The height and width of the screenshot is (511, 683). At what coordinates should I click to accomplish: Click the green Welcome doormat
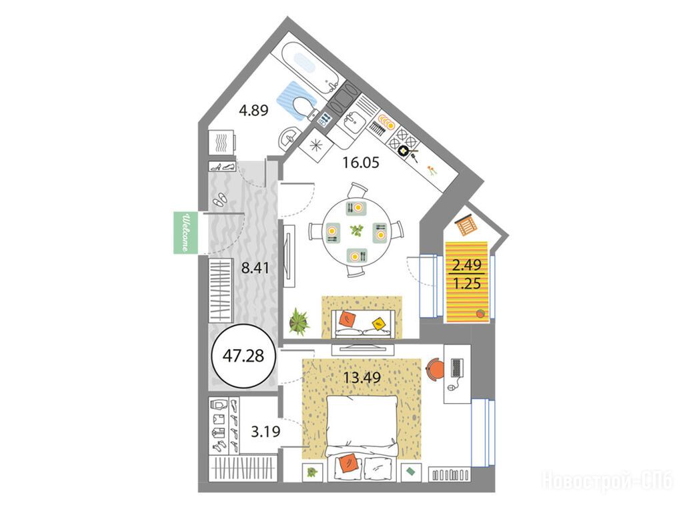185,232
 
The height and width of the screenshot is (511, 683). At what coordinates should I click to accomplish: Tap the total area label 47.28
243,356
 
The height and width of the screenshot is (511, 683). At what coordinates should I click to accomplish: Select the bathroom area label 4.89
253,110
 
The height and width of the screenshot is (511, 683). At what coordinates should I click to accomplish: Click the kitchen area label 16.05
361,163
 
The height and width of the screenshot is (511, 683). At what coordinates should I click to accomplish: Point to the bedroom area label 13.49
362,377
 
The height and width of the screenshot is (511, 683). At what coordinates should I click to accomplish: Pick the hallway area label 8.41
255,267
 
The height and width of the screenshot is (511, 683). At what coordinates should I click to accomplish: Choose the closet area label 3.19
265,432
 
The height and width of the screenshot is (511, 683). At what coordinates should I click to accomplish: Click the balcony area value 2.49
467,264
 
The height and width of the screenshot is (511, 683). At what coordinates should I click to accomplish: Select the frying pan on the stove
408,152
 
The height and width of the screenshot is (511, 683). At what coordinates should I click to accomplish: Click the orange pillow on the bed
347,462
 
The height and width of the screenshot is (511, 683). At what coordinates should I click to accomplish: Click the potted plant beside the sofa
299,321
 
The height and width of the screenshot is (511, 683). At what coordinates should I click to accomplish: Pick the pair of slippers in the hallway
219,199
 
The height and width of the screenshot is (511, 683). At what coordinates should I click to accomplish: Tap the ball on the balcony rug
480,313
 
